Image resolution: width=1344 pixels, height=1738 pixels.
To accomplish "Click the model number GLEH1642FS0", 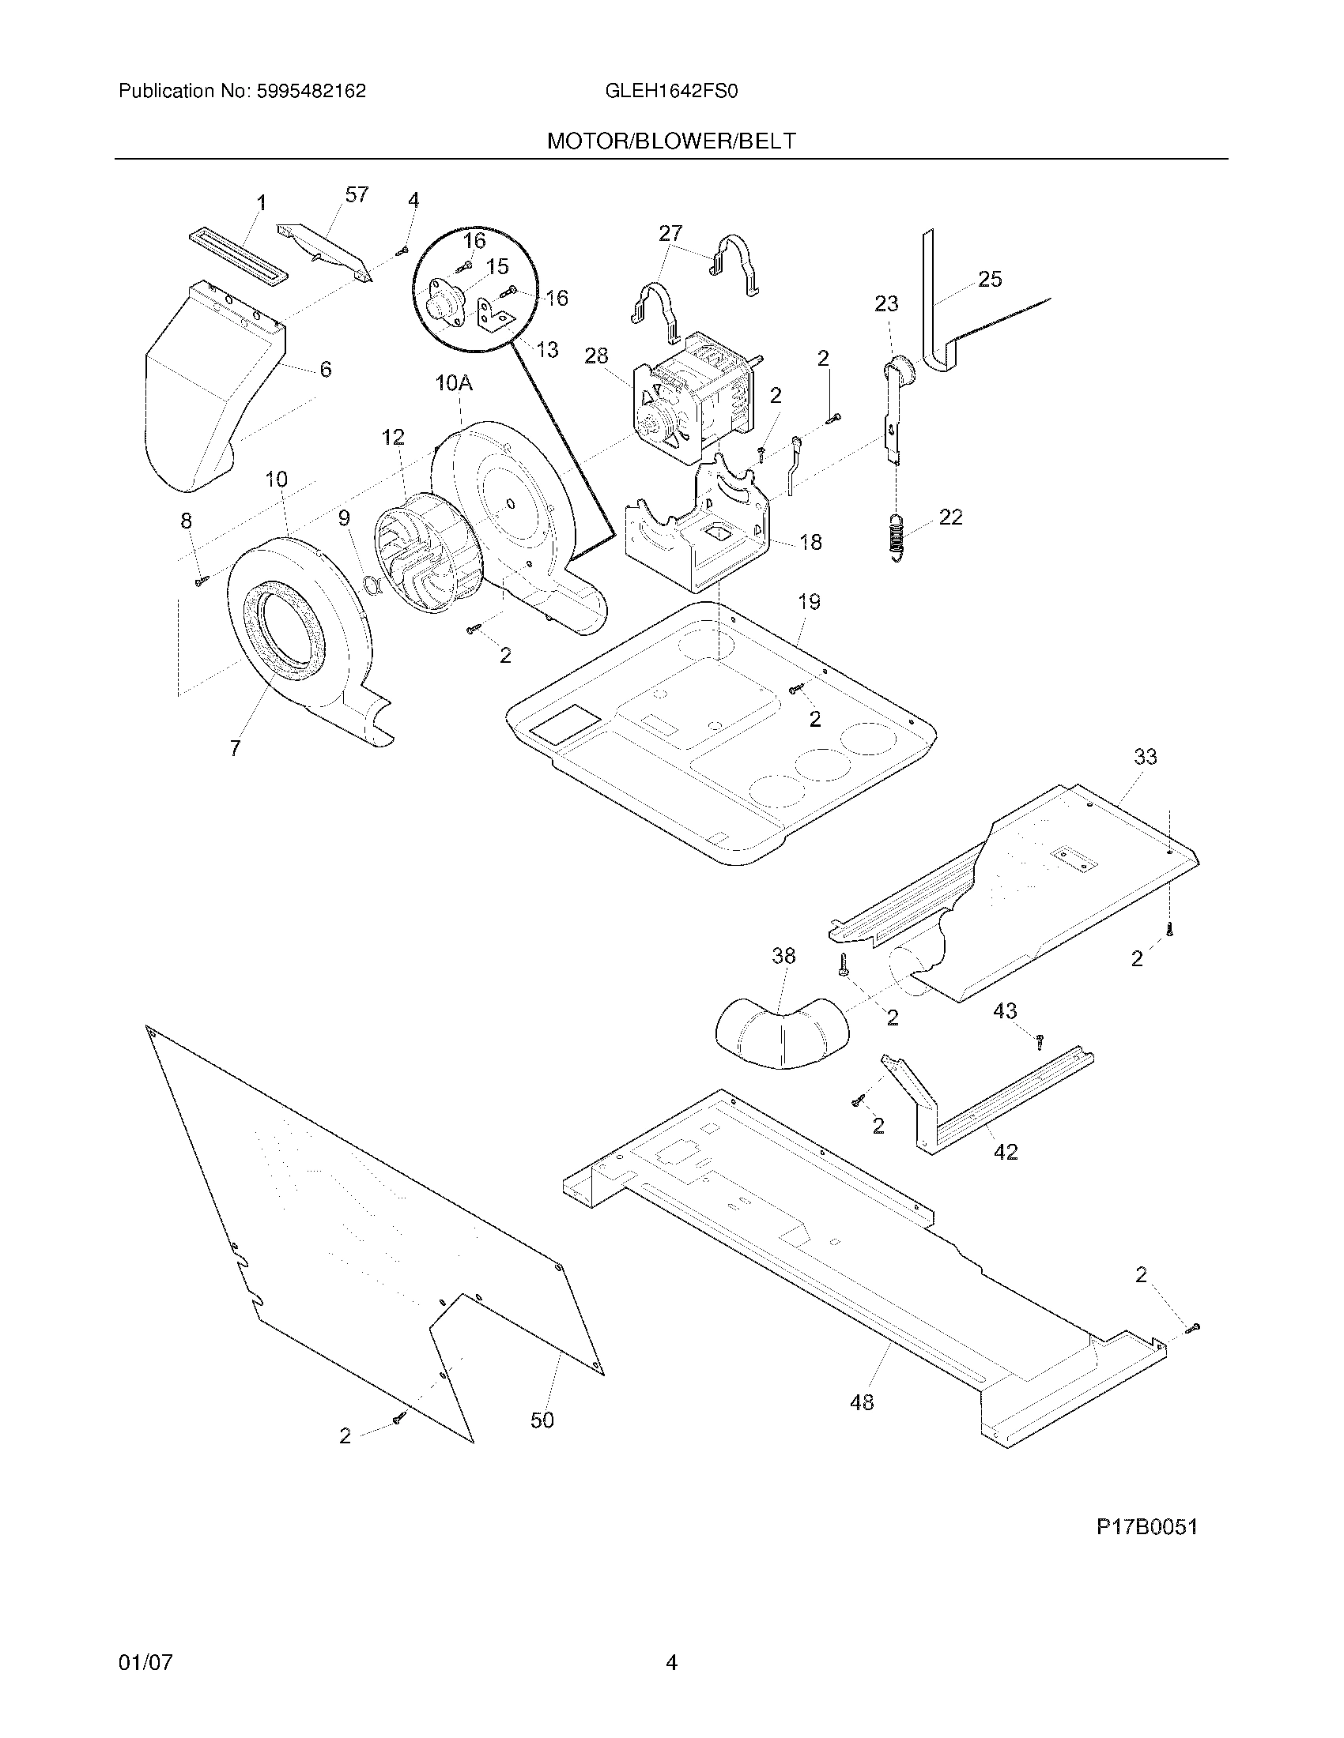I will (x=671, y=92).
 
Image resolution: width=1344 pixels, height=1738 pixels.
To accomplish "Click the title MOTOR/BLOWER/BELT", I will (x=671, y=141).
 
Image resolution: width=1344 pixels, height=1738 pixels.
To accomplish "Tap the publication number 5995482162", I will (x=311, y=92).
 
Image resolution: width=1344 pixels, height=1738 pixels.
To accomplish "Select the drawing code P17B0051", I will (x=1146, y=1527).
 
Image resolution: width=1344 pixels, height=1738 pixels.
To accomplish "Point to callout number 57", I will (x=356, y=195).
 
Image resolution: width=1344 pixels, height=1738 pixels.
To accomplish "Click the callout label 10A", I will (x=454, y=384).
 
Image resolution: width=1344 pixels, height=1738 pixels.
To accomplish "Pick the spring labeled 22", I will (x=897, y=537).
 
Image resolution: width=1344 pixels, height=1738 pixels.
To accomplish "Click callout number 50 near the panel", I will (x=542, y=1420).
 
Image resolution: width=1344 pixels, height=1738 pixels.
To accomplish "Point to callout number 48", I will (x=862, y=1402).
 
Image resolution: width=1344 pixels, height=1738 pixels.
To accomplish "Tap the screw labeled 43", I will (x=1039, y=1040).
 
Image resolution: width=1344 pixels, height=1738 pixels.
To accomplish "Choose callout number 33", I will (x=1145, y=757).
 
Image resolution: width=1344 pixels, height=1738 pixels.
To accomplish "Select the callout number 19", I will (x=809, y=603).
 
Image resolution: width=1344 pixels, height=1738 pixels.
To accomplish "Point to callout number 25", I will (x=990, y=280).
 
